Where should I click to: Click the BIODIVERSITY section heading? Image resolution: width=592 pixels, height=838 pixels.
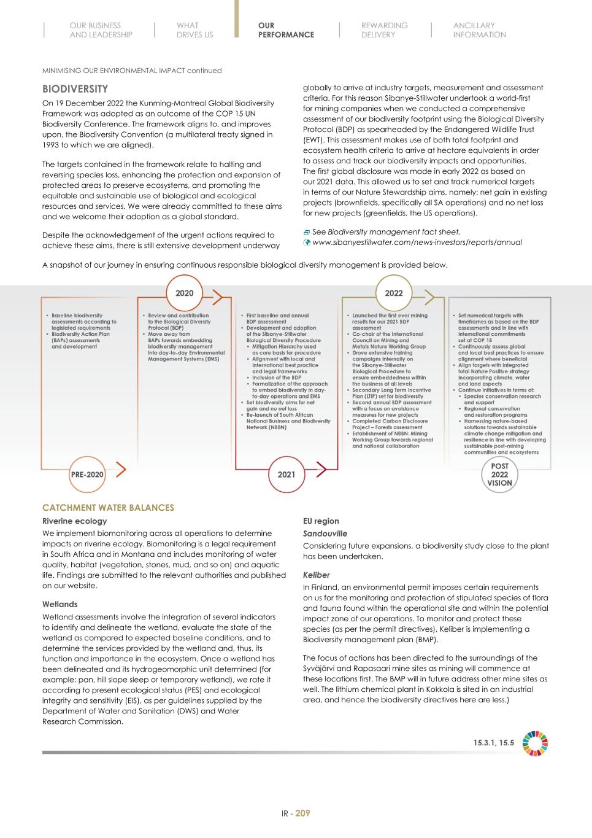(x=75, y=89)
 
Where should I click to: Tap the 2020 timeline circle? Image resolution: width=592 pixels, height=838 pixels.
(x=184, y=293)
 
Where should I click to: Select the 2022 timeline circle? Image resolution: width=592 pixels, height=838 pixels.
(x=394, y=293)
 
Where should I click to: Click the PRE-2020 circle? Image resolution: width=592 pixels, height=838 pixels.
(x=86, y=475)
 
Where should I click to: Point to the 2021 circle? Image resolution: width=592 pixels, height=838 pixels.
(x=286, y=475)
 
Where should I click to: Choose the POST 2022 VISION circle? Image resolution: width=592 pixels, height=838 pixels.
(x=499, y=475)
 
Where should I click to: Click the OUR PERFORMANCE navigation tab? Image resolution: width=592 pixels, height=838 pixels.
(x=286, y=30)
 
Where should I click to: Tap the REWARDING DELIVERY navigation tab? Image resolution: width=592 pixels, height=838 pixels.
(x=384, y=30)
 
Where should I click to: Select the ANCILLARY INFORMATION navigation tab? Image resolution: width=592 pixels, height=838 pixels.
(x=479, y=30)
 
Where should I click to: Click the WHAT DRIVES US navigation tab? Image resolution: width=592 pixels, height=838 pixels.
(x=194, y=30)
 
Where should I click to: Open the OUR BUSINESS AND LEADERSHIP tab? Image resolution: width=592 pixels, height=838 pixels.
(x=101, y=30)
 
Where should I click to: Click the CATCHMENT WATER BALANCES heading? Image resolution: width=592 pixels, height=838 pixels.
(x=108, y=508)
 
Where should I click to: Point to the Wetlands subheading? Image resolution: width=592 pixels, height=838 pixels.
(x=60, y=604)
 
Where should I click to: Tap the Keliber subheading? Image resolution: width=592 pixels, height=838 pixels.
(x=317, y=575)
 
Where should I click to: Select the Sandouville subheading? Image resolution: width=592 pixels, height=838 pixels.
(x=325, y=533)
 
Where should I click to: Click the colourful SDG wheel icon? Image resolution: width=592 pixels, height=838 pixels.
(x=535, y=743)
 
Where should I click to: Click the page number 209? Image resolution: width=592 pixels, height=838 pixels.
(x=303, y=813)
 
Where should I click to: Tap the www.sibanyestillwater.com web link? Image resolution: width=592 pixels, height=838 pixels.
(x=417, y=242)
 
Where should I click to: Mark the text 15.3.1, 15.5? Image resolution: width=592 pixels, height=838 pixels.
(x=493, y=743)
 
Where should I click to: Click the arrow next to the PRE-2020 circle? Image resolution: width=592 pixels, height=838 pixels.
(x=121, y=470)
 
